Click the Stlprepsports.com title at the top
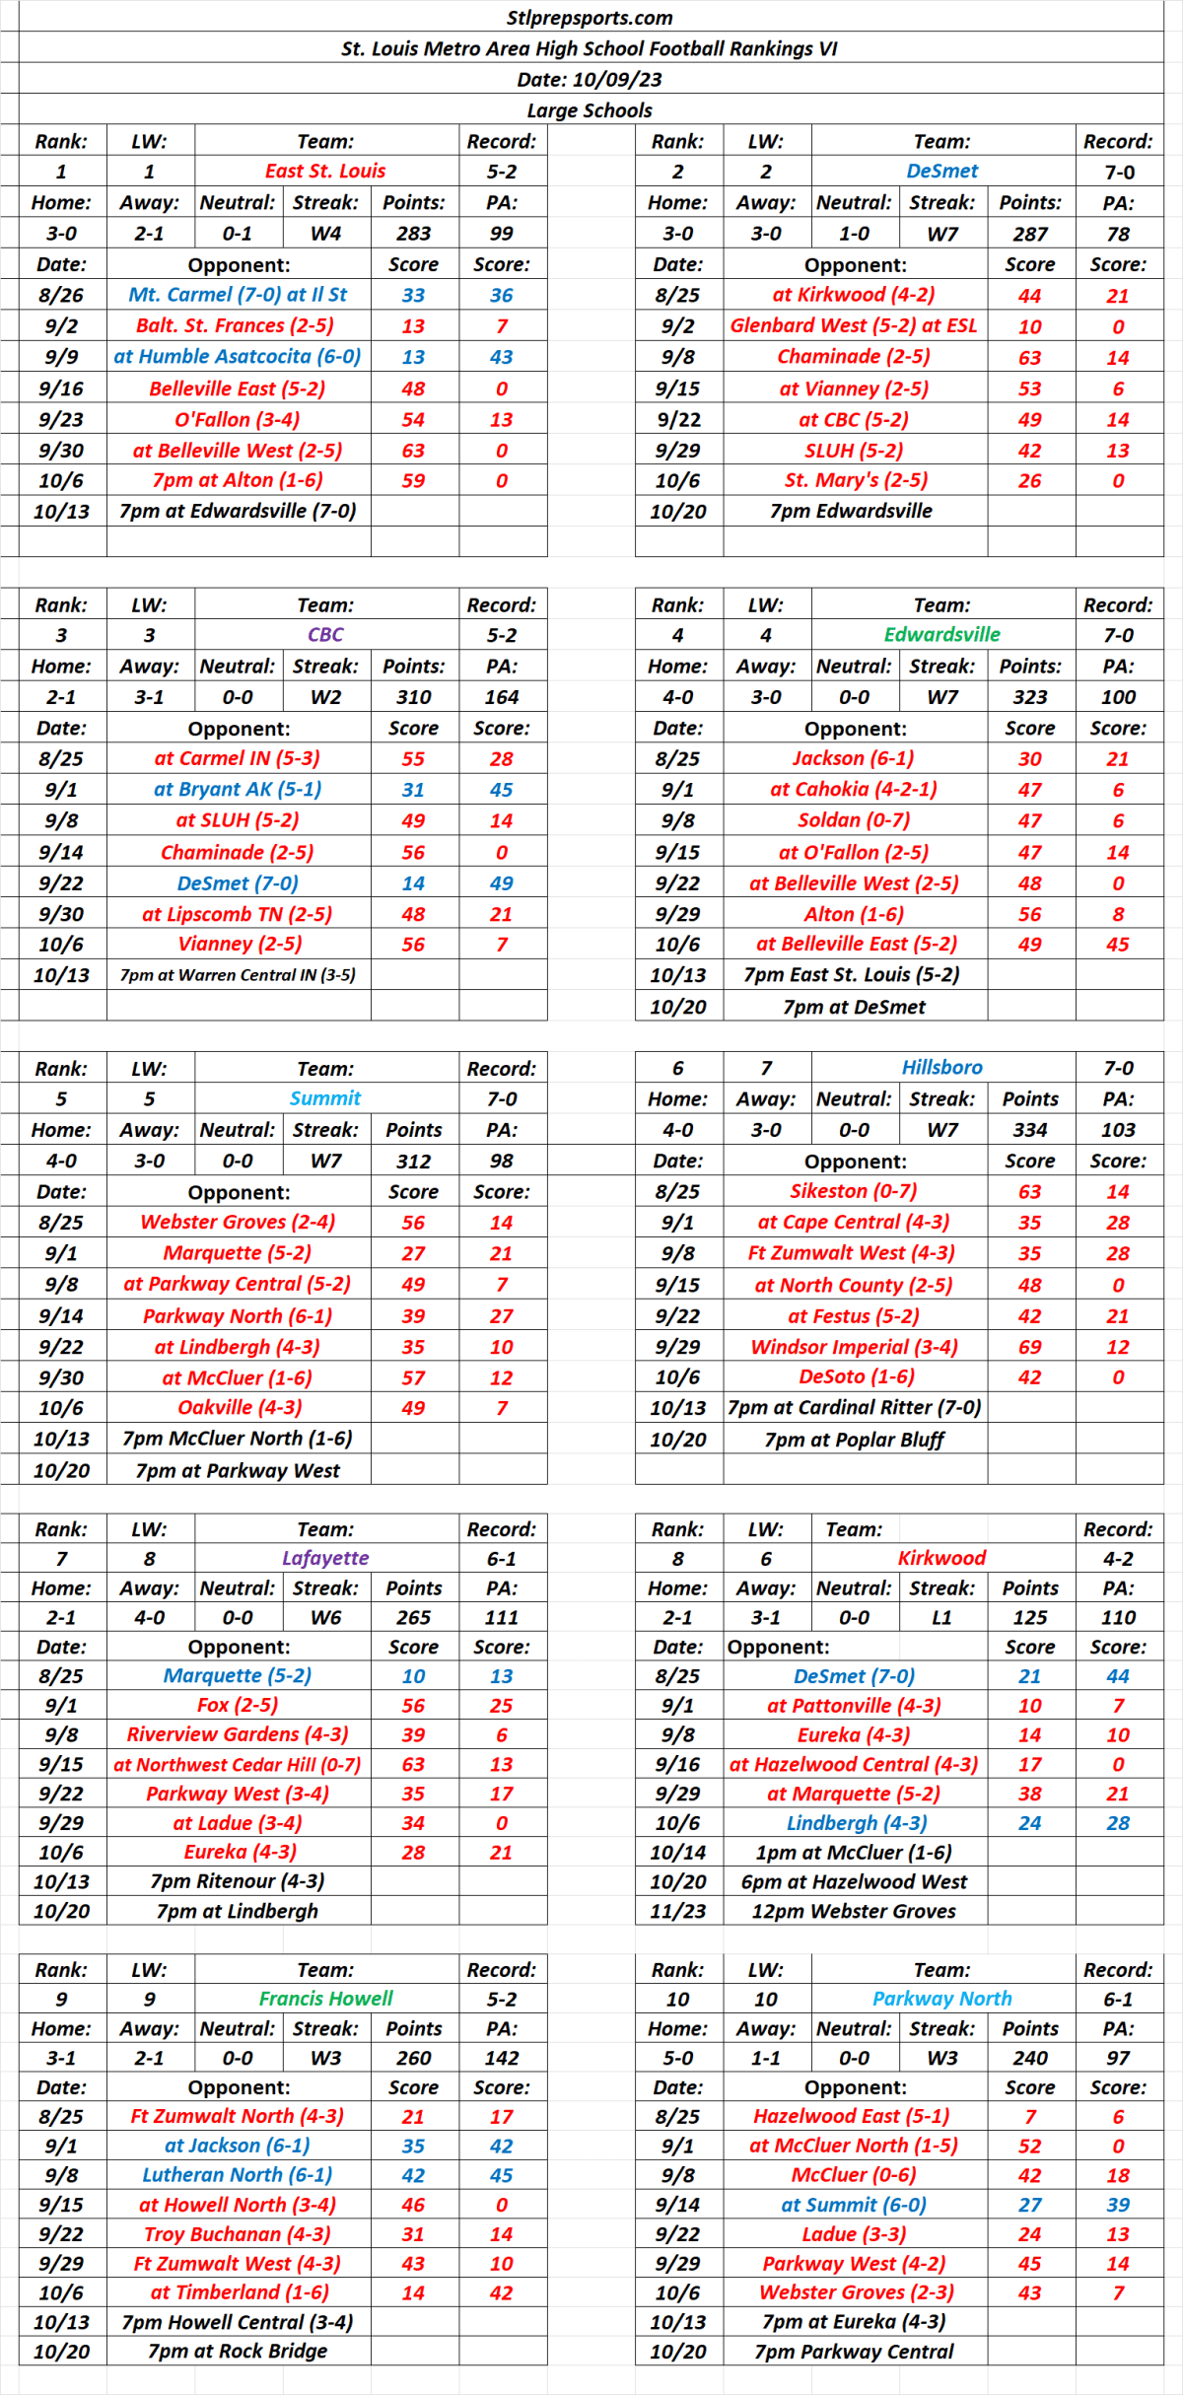590,18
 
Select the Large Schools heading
590,110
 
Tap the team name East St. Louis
325,172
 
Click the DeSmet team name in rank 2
942,172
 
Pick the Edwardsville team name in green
942,635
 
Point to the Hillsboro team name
942,1068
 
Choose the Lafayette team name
325,1558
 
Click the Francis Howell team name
325,1999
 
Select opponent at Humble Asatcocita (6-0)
238,357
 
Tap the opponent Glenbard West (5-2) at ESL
854,326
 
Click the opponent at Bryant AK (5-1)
238,790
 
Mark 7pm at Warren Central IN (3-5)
238,975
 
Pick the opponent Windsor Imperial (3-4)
854,1347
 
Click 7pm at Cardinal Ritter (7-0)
854,1408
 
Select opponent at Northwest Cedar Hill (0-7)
238,1765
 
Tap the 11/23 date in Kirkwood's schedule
678,1911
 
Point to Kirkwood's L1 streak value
942,1618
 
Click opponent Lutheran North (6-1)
238,2175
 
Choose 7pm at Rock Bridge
238,2351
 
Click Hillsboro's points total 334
1030,1130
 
